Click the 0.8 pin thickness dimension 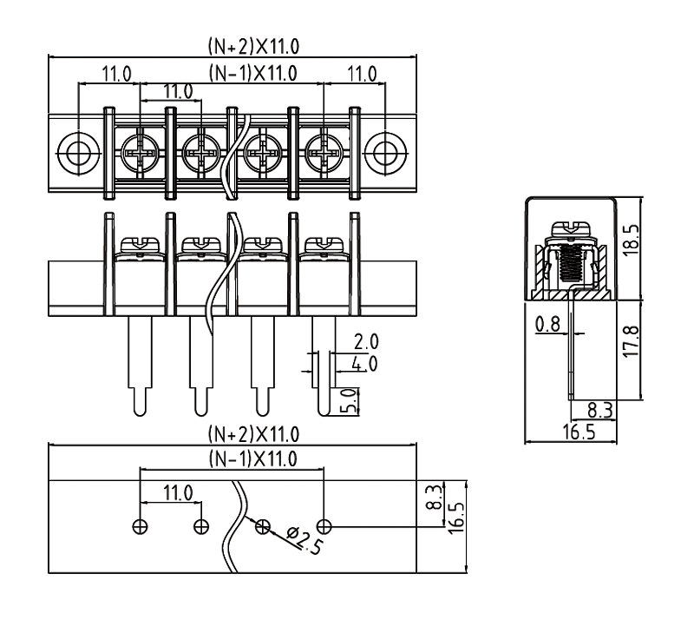tap(547, 324)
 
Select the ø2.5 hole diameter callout tap(299, 542)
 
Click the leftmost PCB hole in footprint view tap(140, 525)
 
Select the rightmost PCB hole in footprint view tap(324, 525)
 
